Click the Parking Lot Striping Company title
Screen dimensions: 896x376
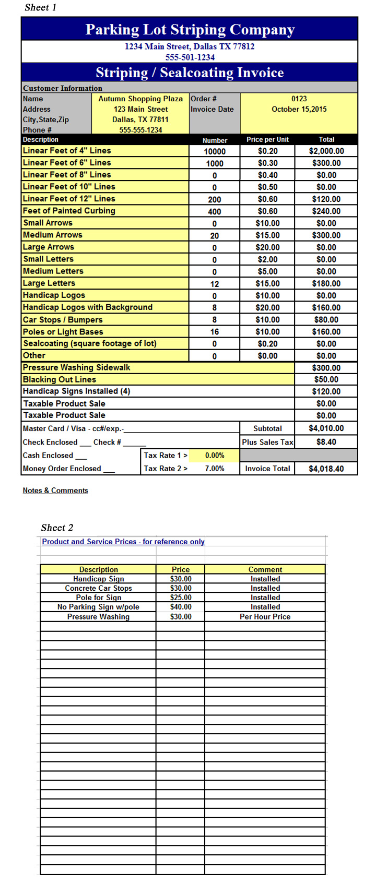tap(190, 30)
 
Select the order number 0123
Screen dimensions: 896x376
tap(299, 99)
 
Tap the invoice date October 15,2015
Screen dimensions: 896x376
tap(299, 109)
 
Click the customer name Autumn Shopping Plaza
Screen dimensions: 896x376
tap(140, 99)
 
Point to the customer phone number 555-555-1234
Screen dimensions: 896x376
tap(140, 130)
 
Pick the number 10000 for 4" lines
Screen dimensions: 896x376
tap(215, 151)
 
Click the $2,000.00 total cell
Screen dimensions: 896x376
tap(326, 151)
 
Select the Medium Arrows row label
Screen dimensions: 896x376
tap(53, 235)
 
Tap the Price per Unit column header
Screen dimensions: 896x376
tap(267, 140)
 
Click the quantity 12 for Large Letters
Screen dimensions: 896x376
tap(215, 284)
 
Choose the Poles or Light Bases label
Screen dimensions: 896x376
tap(63, 332)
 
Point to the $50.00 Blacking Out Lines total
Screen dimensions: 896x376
tap(326, 379)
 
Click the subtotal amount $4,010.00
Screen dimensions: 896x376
tap(326, 428)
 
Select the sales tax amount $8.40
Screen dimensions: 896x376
tap(326, 442)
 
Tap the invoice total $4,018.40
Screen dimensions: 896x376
tap(326, 469)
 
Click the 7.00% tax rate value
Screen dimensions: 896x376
tap(215, 469)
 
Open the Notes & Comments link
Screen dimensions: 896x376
tap(55, 491)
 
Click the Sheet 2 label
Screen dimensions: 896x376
tap(57, 528)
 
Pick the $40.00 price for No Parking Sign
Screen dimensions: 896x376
tap(181, 607)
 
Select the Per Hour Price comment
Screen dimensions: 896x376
tap(265, 617)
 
